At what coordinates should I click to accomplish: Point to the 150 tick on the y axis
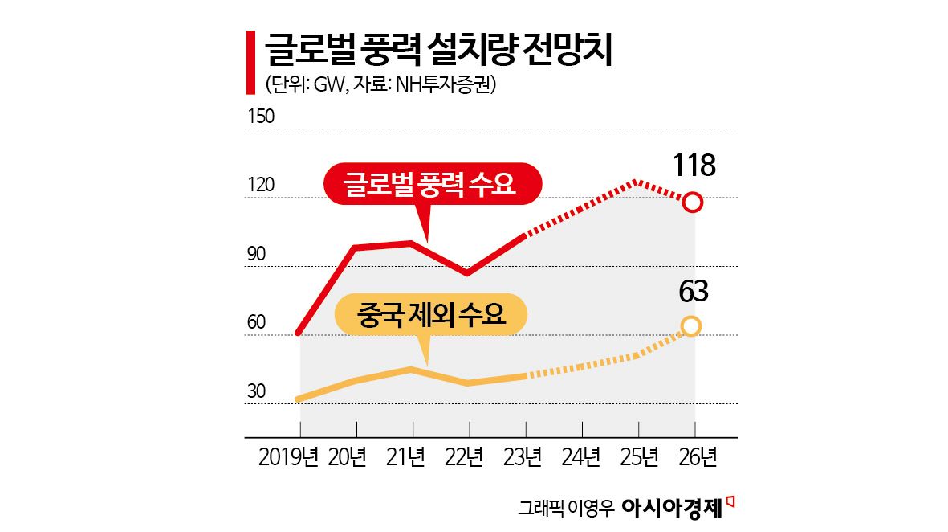coord(261,117)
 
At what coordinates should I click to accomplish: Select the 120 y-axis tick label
coord(261,186)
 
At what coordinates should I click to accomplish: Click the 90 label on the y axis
coord(256,255)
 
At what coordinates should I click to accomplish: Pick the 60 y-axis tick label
coord(256,323)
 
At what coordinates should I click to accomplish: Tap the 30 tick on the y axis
coord(256,392)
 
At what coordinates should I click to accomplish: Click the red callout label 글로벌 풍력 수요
coord(431,186)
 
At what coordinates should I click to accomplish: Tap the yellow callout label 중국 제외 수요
coord(430,314)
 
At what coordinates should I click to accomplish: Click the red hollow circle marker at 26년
coord(694,203)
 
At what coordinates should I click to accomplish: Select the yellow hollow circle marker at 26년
coord(691,325)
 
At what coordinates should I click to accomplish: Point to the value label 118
coord(694,166)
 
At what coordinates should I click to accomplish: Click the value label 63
coord(693,291)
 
